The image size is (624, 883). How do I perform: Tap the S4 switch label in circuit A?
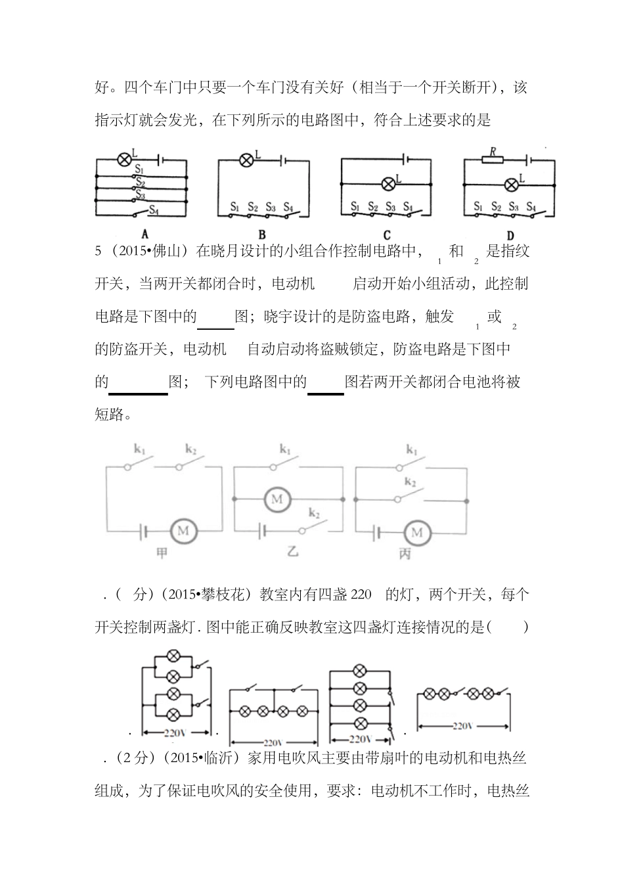click(154, 210)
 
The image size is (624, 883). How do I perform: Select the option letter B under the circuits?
click(261, 235)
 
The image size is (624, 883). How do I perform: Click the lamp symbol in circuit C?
click(388, 183)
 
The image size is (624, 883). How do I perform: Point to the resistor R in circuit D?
click(492, 159)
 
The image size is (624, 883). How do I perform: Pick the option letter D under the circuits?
click(510, 235)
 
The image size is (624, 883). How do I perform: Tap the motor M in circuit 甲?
click(183, 531)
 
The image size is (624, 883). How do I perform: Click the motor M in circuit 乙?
click(277, 500)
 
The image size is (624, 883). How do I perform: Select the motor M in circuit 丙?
click(416, 531)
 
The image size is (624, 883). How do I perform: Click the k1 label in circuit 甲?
click(139, 449)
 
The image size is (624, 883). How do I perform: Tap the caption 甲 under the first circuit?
click(162, 553)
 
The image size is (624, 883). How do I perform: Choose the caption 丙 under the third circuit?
click(405, 553)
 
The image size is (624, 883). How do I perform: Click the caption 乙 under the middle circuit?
click(293, 551)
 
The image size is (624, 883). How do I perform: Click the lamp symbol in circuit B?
click(246, 160)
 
